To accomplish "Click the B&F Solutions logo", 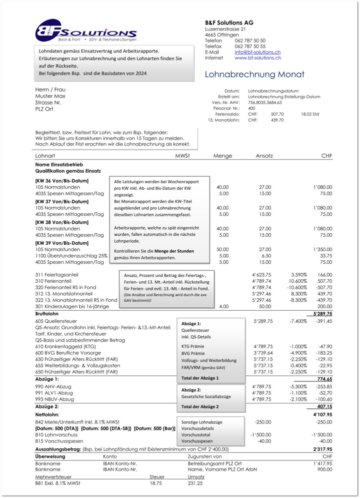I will tap(85, 31).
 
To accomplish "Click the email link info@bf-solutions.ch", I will tap(257, 52).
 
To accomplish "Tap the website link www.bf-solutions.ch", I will tap(257, 58).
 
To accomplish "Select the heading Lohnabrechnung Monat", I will tap(254, 75).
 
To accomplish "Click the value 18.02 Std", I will tap(309, 114).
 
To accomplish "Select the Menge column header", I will tap(222, 156).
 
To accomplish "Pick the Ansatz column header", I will tap(264, 156).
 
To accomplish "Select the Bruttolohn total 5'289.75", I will tap(322, 314).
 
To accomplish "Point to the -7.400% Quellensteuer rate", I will tap(300, 321).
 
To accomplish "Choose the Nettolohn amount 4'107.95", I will tap(322, 415).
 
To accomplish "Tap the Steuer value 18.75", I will tap(156, 483).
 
